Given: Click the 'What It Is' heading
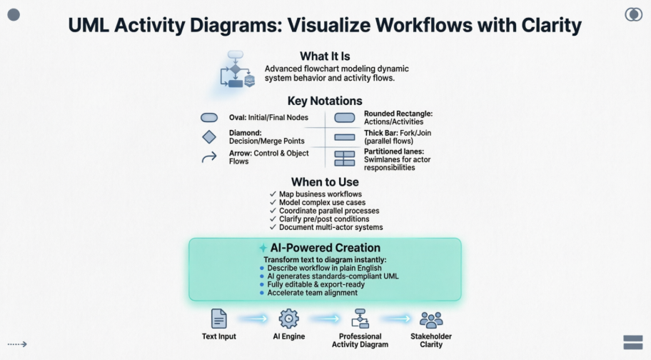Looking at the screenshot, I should (325, 56).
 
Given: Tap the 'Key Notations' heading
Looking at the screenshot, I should (325, 101).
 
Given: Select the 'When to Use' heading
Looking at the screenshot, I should (325, 182).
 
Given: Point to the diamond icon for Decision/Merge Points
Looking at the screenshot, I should (209, 137).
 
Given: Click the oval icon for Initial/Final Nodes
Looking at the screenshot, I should (209, 117).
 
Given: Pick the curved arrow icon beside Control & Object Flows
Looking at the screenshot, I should (209, 157).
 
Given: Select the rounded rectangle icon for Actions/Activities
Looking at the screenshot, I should (345, 117).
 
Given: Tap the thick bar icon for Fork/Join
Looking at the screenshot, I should (345, 137).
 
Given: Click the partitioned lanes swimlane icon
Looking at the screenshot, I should (345, 158).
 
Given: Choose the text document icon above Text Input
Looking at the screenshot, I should (218, 319).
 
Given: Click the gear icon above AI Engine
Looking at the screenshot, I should (288, 319).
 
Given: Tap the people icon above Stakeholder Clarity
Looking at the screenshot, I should (431, 319).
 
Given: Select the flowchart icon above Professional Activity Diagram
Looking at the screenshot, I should (360, 319).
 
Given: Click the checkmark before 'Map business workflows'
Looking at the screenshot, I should (273, 194).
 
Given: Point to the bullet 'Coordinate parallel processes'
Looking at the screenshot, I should (328, 211).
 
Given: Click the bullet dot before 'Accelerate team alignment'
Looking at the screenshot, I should (261, 293).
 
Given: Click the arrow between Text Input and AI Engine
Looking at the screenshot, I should (253, 319).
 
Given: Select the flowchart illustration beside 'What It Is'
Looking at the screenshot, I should (237, 70).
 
